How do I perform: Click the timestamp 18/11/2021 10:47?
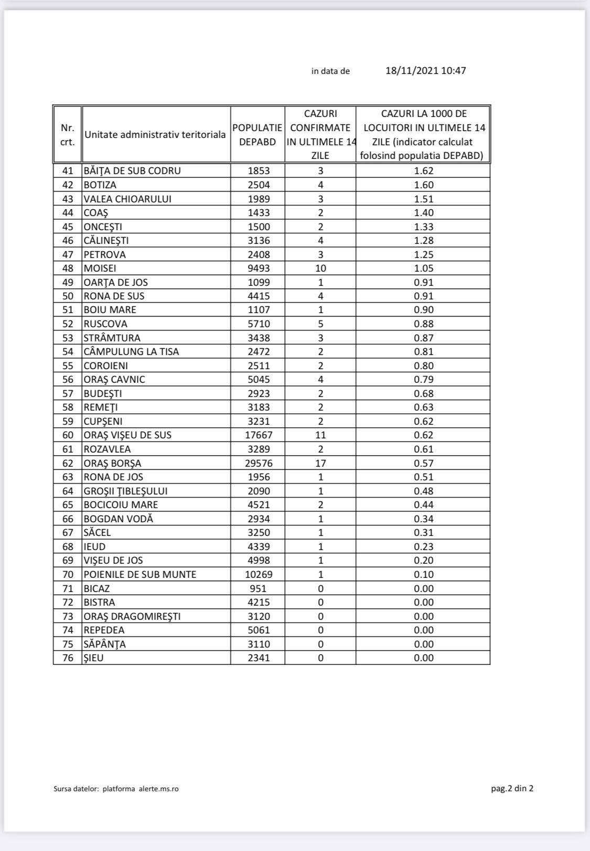point(425,71)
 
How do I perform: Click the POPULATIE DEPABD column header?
point(257,135)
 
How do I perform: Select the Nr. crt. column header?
point(67,135)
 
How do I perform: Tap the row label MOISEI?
point(100,268)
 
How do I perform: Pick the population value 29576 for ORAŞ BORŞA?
point(259,463)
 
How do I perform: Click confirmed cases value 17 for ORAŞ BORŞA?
point(320,463)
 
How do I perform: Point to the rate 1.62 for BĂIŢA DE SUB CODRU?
point(423,171)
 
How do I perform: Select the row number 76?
point(68,658)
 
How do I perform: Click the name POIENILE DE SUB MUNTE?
point(140,574)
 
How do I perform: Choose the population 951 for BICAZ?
point(259,588)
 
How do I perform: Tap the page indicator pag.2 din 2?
point(512,788)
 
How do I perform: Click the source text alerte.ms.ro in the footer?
point(158,789)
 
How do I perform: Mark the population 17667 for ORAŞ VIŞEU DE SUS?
point(259,435)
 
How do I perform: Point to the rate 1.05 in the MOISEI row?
point(423,268)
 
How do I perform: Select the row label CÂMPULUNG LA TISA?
point(132,352)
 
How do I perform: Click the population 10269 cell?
point(259,574)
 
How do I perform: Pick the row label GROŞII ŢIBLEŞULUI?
point(126,491)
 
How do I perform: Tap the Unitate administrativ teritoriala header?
point(155,135)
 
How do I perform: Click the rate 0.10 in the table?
point(423,574)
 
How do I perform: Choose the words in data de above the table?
point(330,71)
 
